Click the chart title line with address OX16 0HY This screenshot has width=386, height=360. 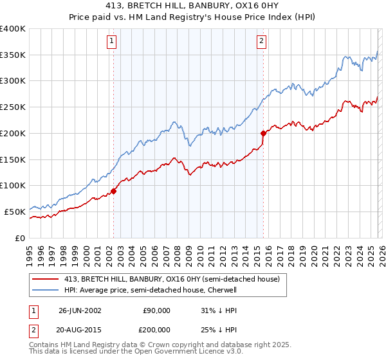click(x=193, y=6)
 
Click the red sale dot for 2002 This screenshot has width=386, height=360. click(x=114, y=191)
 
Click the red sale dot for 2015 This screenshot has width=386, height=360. click(x=264, y=133)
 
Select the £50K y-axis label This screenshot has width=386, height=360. click(x=14, y=212)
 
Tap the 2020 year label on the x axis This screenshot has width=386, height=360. click(x=314, y=252)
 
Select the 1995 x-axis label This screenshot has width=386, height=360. click(x=30, y=252)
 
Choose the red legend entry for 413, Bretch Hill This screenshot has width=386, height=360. click(x=172, y=280)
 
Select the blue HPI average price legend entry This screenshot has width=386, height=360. click(x=151, y=291)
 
